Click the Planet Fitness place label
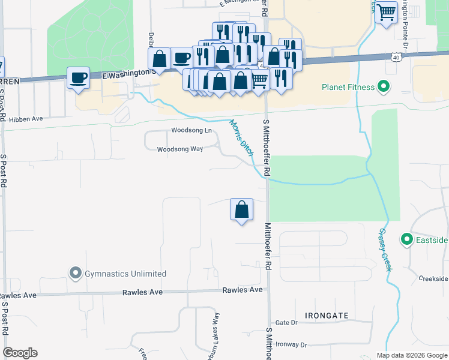pyautogui.click(x=348, y=87)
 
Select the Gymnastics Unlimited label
pyautogui.click(x=125, y=274)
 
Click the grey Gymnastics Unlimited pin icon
pyautogui.click(x=75, y=274)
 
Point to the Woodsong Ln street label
pyautogui.click(x=191, y=130)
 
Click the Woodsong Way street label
pyautogui.click(x=179, y=149)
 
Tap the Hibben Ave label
pyautogui.click(x=26, y=119)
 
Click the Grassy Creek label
pyautogui.click(x=385, y=250)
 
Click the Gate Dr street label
pyautogui.click(x=285, y=323)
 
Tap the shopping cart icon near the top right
pyautogui.click(x=387, y=11)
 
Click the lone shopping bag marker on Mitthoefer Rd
pyautogui.click(x=241, y=209)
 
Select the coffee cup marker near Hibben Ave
pyautogui.click(x=78, y=77)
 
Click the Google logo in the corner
pyautogui.click(x=20, y=353)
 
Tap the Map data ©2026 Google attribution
pyautogui.click(x=411, y=355)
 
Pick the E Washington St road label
pyautogui.click(x=128, y=73)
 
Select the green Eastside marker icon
pyautogui.click(x=406, y=240)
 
